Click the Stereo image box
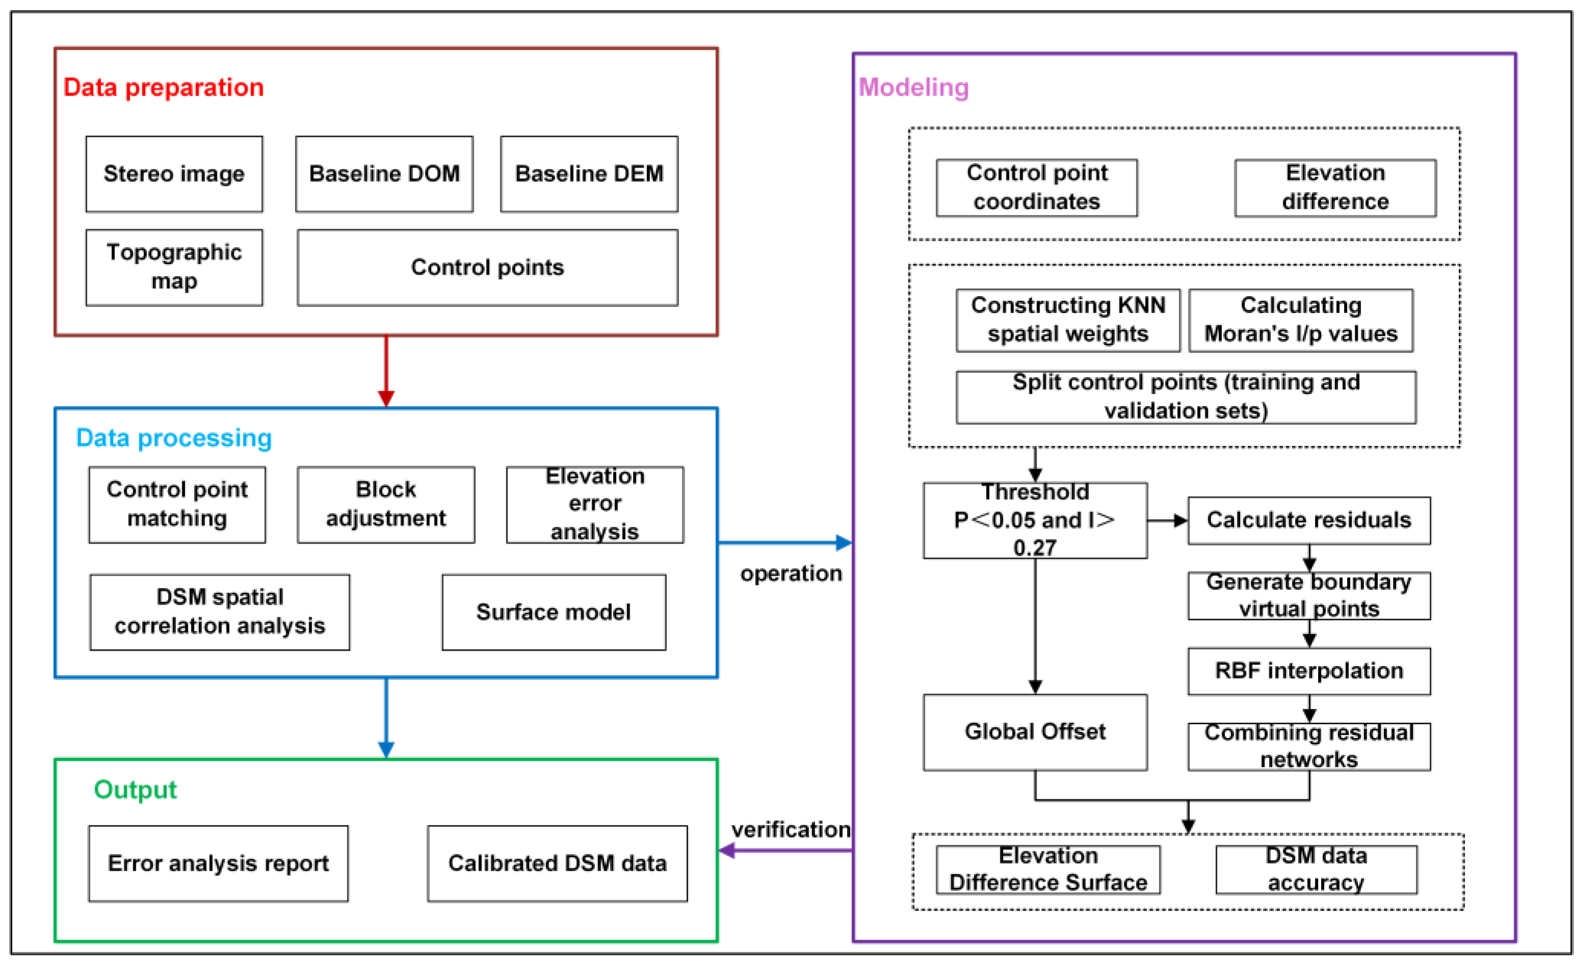coord(174,174)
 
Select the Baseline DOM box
coord(384,174)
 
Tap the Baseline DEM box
coord(589,174)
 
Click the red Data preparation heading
coord(163,87)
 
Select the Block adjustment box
coord(386,504)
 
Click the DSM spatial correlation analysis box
coord(220,612)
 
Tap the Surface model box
coord(554,612)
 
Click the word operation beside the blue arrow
coord(790,573)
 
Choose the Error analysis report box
coord(219,863)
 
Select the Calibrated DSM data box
coord(557,863)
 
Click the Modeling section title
coord(913,87)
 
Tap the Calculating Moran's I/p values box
coord(1300,320)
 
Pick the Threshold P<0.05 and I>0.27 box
coord(1035,520)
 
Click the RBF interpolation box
coord(1308,671)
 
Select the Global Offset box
coord(1035,731)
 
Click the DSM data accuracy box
coord(1316,869)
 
